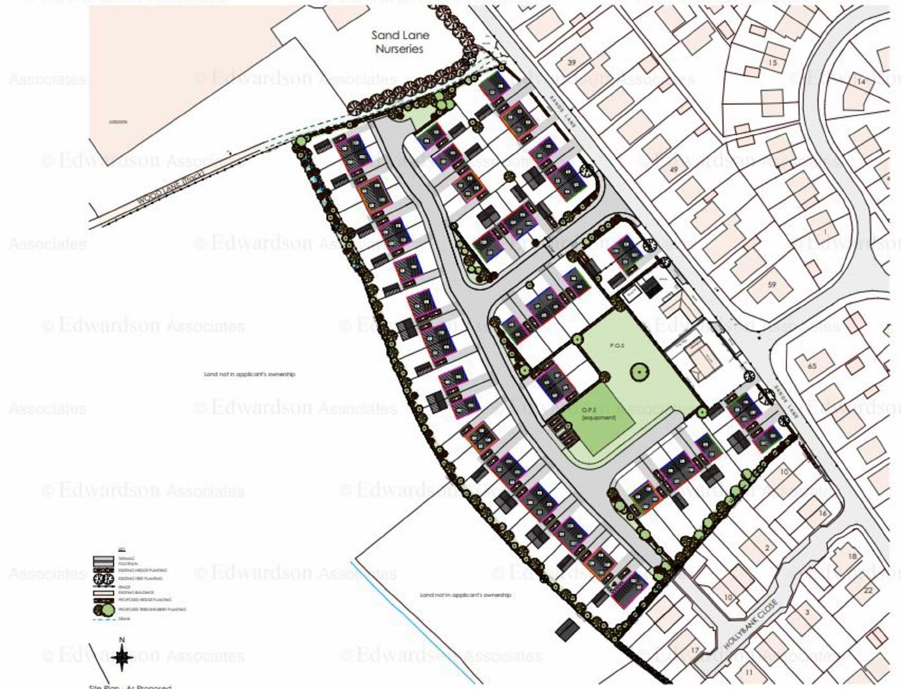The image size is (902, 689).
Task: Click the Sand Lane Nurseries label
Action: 400,42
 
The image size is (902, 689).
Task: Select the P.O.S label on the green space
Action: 617,345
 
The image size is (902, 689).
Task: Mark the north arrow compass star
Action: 122,658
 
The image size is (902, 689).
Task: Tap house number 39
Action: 571,63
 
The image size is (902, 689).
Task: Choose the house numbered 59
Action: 771,285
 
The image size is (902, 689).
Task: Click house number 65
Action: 811,366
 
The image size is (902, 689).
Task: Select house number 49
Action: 673,170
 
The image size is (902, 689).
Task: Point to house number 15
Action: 773,63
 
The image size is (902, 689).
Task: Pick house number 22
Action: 868,590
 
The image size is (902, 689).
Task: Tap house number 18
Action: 852,556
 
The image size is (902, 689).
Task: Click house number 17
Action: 695,651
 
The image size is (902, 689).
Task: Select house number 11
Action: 748,672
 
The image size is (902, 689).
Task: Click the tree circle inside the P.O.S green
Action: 637,371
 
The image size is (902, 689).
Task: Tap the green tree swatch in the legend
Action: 108,610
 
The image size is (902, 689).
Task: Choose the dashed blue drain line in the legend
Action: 104,619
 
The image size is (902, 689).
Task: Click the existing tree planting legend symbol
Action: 104,579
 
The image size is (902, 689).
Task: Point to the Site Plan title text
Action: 130,686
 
